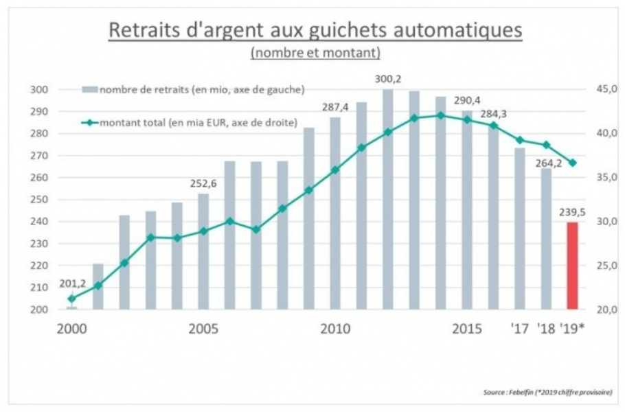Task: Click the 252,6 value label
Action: point(203,183)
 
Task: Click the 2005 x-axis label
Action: point(203,328)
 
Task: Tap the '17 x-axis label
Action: point(521,328)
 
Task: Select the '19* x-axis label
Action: point(574,328)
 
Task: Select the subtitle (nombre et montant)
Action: point(315,53)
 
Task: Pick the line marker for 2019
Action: point(572,163)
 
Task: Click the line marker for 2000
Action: point(71,299)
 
